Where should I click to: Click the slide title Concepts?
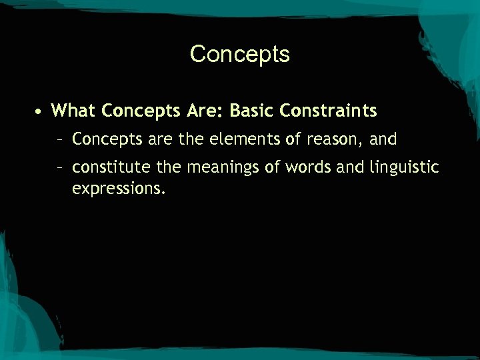coord(239,54)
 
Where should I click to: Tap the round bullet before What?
coord(40,110)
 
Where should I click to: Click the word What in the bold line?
coord(73,109)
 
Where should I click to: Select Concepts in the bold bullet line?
coord(139,110)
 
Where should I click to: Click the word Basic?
coord(252,109)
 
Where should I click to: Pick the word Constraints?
coord(329,109)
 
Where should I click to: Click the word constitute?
coord(106,167)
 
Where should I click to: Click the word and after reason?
coord(383,139)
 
